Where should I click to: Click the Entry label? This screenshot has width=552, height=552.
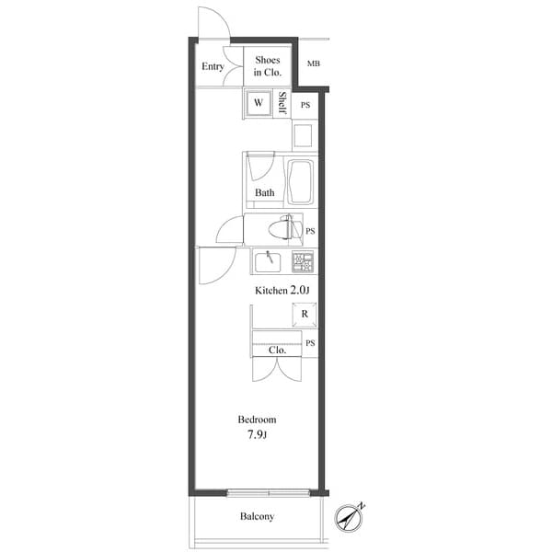(213, 66)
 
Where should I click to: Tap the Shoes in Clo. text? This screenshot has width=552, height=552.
(268, 66)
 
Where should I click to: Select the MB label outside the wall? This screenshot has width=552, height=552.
(314, 63)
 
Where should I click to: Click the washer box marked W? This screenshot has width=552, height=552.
(259, 103)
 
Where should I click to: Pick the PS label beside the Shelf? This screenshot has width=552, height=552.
(305, 105)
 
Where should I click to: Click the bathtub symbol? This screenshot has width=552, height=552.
(301, 182)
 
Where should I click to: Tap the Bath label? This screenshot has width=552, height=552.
(265, 192)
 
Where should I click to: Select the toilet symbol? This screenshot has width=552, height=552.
(279, 227)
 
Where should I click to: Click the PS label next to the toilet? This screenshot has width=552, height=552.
(311, 231)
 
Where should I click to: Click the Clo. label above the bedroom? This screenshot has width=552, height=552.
(277, 350)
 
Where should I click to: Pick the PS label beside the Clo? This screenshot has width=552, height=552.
(311, 343)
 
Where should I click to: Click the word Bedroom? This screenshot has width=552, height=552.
(257, 420)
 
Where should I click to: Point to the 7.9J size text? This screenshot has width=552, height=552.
(257, 434)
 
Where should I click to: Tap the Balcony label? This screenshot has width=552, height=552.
(258, 516)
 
